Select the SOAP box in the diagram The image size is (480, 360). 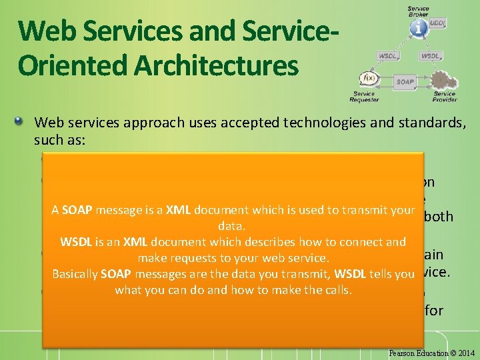click(x=404, y=82)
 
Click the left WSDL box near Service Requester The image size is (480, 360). click(x=389, y=56)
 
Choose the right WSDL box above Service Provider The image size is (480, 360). click(x=431, y=56)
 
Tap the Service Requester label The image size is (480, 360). click(x=363, y=97)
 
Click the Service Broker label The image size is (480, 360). click(x=419, y=11)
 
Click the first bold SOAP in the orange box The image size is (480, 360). click(x=79, y=210)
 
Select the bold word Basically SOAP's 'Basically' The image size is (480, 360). click(x=75, y=274)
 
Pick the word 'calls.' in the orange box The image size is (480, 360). click(x=335, y=290)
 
